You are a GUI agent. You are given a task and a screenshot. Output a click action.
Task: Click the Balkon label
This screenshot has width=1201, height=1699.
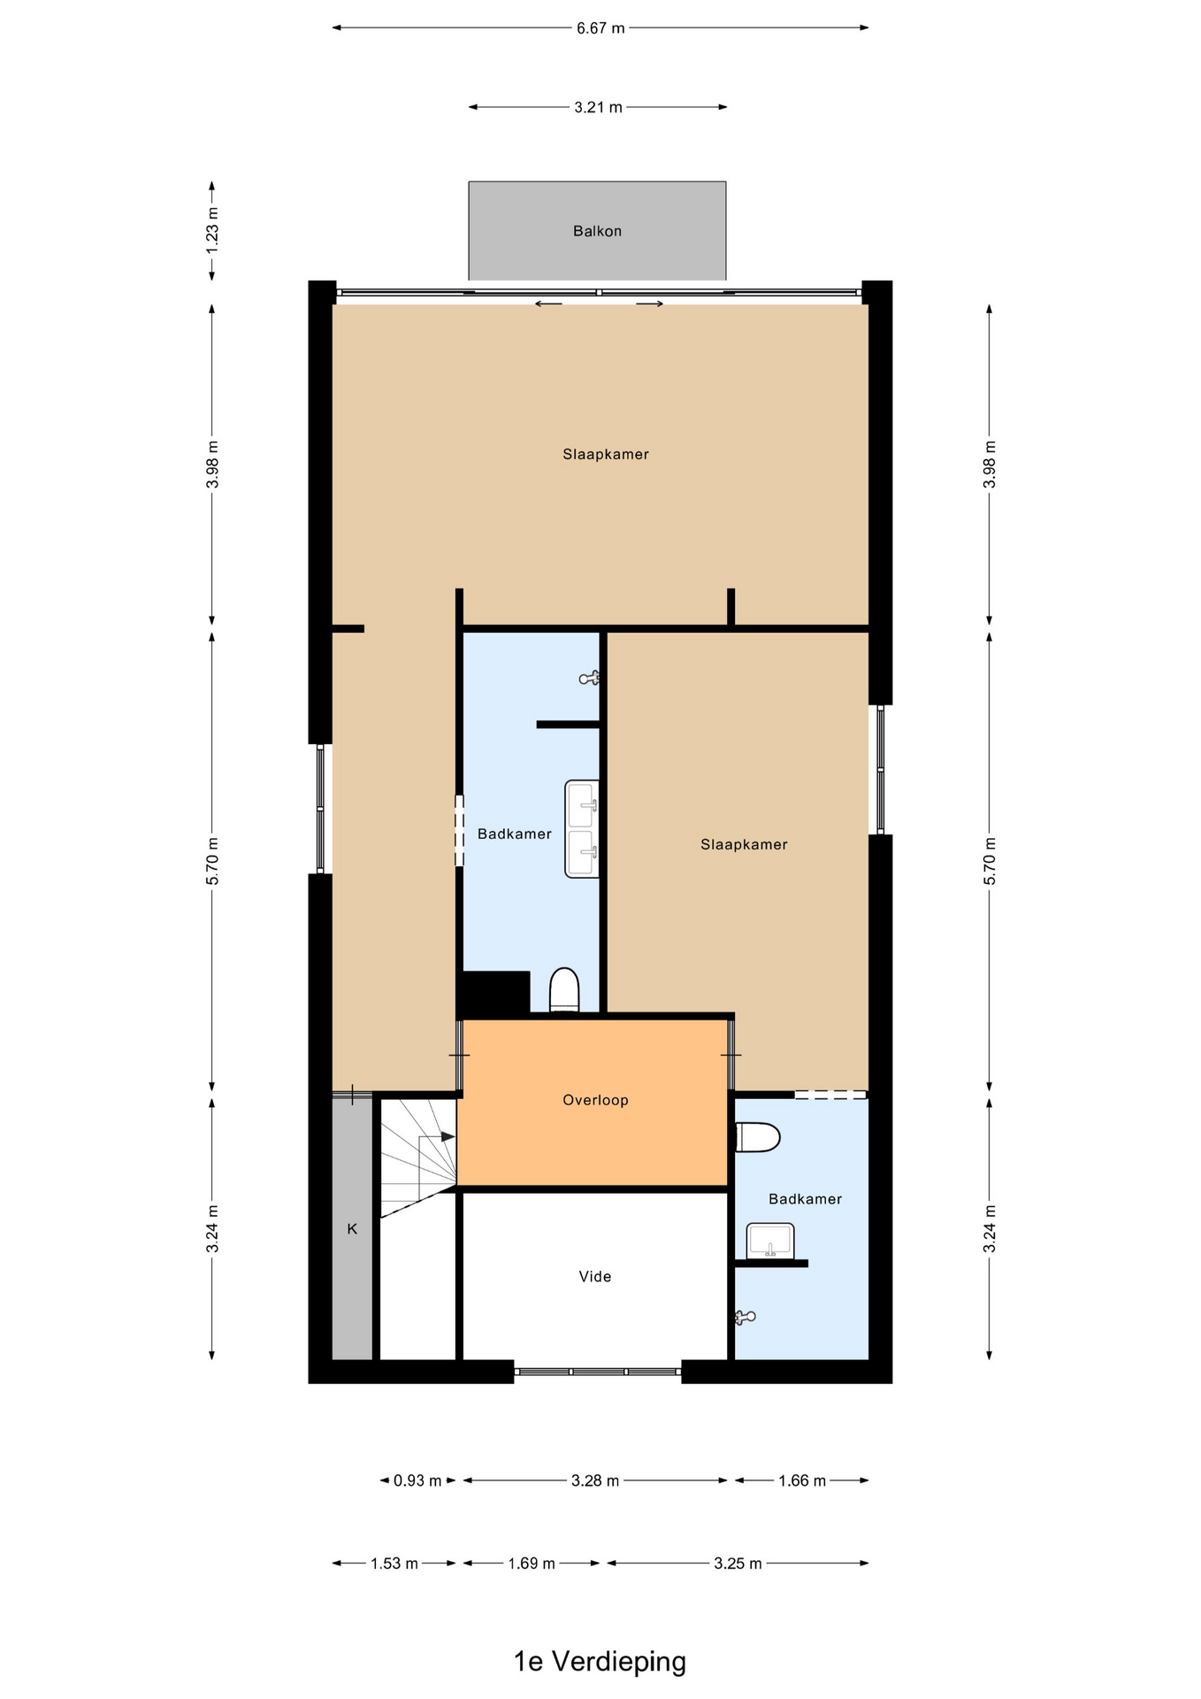[x=597, y=231]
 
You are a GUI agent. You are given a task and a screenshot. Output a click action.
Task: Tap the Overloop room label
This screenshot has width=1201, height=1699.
[x=595, y=1100]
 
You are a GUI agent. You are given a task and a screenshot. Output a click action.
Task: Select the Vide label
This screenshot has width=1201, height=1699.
[x=594, y=1276]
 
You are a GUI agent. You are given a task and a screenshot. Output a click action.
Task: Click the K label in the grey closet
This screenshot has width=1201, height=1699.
[x=352, y=1228]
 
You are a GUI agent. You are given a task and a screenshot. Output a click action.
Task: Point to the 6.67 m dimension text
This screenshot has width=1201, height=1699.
[x=600, y=28]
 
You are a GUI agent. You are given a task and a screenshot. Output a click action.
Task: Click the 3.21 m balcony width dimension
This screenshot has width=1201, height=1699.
[x=598, y=107]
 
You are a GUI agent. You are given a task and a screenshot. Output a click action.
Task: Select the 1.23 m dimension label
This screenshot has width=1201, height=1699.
[x=212, y=230]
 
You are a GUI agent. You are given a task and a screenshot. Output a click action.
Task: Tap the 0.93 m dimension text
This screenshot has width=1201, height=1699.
[x=417, y=1480]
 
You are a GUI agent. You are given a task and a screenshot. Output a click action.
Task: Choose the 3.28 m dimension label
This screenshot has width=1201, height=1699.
[x=595, y=1480]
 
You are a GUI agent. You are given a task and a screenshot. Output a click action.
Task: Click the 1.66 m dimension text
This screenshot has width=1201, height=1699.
[x=802, y=1480]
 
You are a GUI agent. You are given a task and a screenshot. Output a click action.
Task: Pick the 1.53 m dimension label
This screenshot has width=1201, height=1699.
[x=394, y=1564]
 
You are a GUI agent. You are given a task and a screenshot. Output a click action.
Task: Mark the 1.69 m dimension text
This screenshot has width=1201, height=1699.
[x=532, y=1564]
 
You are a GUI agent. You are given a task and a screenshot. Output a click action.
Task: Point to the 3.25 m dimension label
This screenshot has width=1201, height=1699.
[x=738, y=1564]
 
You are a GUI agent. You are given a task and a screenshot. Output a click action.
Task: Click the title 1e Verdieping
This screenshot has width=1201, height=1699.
[x=600, y=1661]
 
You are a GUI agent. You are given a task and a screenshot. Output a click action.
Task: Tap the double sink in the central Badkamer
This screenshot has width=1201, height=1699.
[x=582, y=829]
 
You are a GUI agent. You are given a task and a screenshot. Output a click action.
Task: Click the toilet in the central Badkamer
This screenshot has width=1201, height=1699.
[x=564, y=990]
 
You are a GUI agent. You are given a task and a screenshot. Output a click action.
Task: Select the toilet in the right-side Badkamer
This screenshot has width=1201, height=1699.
[x=758, y=1137]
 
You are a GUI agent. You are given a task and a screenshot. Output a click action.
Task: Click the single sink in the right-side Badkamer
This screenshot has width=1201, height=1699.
[x=770, y=1241]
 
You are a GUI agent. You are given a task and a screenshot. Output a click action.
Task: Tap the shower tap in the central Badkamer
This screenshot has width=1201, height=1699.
[x=590, y=679]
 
